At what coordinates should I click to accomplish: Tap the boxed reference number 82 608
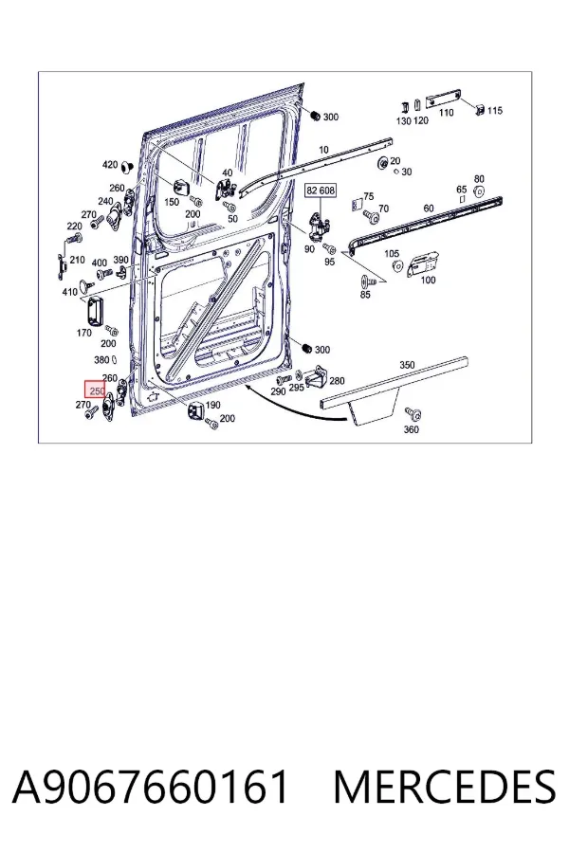tap(321, 191)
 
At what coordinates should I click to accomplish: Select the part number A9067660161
tap(150, 787)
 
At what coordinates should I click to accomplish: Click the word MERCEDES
tap(445, 787)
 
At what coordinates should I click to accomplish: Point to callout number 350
tap(407, 365)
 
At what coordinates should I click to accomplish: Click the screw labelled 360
tap(416, 415)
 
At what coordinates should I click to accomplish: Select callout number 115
tap(494, 111)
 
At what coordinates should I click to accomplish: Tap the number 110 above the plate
tap(446, 113)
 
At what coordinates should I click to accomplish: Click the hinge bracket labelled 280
tap(318, 378)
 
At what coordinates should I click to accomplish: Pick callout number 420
tap(110, 165)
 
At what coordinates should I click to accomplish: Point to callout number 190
tap(212, 404)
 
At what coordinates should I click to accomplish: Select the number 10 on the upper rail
tap(324, 150)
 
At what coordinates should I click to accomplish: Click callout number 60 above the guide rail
tap(429, 209)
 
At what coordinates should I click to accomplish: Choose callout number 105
tap(392, 253)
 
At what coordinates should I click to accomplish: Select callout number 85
tap(365, 295)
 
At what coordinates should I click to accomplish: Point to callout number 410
tap(69, 292)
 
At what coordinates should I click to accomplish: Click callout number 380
tap(101, 359)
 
